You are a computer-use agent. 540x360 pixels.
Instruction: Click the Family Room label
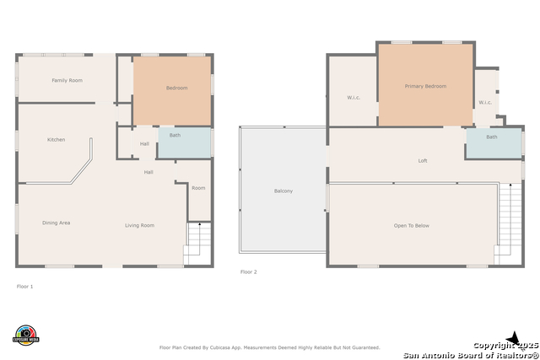pyautogui.click(x=67, y=80)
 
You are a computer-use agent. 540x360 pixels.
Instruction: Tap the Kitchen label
pyautogui.click(x=57, y=139)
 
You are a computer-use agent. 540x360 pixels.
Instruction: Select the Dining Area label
pyautogui.click(x=57, y=223)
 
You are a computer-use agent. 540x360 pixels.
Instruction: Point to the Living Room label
pyautogui.click(x=139, y=225)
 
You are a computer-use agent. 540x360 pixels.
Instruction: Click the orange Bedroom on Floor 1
pyautogui.click(x=172, y=91)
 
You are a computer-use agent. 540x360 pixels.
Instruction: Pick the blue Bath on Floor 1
pyautogui.click(x=184, y=142)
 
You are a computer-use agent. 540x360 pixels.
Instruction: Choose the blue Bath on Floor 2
pyautogui.click(x=494, y=143)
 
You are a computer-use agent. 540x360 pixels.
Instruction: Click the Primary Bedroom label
pyautogui.click(x=425, y=86)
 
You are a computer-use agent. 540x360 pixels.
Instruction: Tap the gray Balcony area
pyautogui.click(x=283, y=190)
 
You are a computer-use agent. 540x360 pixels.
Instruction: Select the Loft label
pyautogui.click(x=423, y=161)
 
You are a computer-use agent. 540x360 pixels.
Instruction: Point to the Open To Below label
pyautogui.click(x=412, y=226)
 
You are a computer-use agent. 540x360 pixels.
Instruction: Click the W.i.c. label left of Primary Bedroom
pyautogui.click(x=354, y=98)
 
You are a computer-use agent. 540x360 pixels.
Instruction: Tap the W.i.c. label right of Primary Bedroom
pyautogui.click(x=485, y=102)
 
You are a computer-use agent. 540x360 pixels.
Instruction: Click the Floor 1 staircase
pyautogui.click(x=197, y=244)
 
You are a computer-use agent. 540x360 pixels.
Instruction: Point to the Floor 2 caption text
pyautogui.click(x=249, y=271)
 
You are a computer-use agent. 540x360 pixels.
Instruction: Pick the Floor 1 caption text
pyautogui.click(x=24, y=287)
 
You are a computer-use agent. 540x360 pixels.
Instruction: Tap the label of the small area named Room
pyautogui.click(x=198, y=188)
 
